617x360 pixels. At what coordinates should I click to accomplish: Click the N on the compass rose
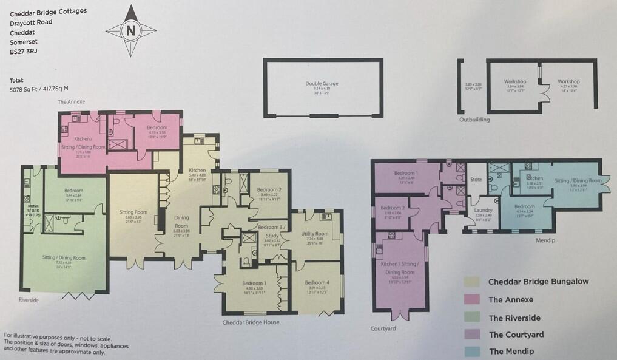pos(132,30)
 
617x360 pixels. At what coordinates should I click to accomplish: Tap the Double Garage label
pos(322,84)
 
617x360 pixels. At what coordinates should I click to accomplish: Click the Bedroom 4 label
pos(317,282)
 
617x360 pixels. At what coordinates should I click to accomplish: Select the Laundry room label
pos(483,211)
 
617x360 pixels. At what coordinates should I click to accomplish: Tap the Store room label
pos(477,179)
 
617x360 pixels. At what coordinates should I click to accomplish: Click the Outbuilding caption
pos(474,120)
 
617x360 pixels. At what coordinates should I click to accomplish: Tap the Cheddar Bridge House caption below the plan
pos(251,322)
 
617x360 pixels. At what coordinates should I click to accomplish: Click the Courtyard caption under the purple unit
pos(383,329)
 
